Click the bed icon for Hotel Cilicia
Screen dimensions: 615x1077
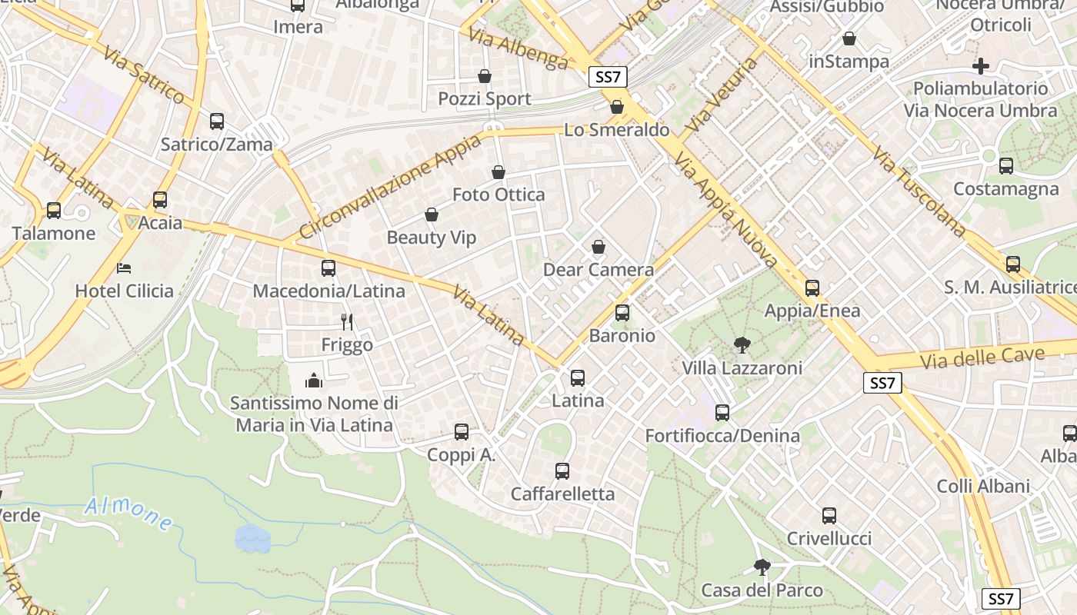tap(124, 268)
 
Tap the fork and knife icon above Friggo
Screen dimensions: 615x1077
tap(347, 321)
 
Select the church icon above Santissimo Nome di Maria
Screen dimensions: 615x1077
tap(314, 380)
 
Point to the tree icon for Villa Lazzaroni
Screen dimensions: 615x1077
tap(742, 345)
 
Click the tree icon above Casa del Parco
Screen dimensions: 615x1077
tap(762, 567)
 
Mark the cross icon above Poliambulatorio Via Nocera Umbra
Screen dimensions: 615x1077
tap(981, 65)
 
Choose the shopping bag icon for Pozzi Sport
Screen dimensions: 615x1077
tap(485, 76)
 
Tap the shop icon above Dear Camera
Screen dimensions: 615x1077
tap(599, 247)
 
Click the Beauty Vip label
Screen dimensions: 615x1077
tap(432, 238)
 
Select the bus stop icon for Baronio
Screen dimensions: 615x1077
tap(622, 313)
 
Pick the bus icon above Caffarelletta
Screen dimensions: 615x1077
tap(562, 471)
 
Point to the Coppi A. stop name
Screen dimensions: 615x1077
tap(462, 455)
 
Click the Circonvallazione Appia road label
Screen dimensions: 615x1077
tap(390, 186)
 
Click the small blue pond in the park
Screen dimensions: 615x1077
tap(252, 539)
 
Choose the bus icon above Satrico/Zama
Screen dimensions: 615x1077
tap(217, 121)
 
